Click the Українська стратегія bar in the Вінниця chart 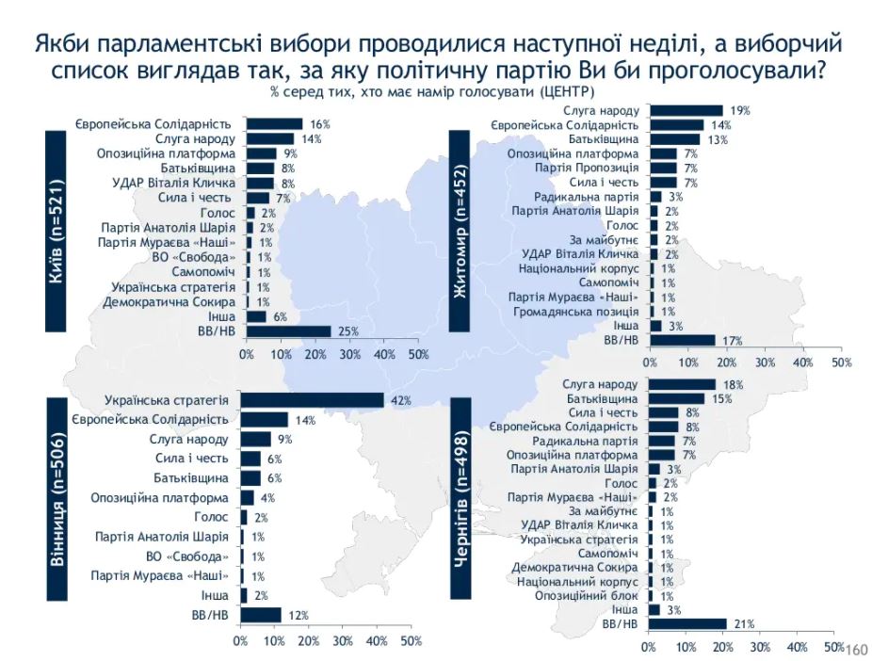(x=312, y=400)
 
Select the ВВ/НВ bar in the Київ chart (x=288, y=331)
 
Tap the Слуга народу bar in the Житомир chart (x=686, y=111)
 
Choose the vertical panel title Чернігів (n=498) (x=461, y=499)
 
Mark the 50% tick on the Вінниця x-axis (x=411, y=641)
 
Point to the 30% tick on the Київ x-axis (x=349, y=355)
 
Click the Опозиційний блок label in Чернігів (x=590, y=596)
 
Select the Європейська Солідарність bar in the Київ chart (x=274, y=123)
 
